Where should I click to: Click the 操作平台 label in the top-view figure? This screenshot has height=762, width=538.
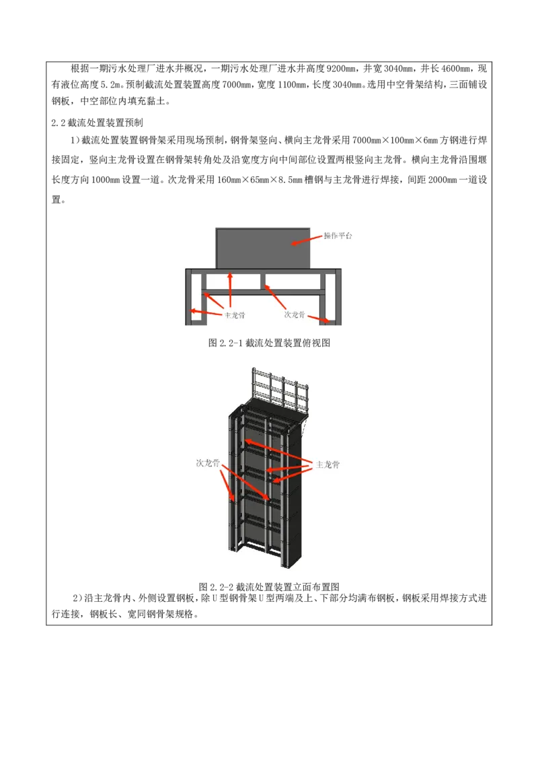(x=338, y=236)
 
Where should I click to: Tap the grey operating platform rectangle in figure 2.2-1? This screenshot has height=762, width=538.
(x=263, y=248)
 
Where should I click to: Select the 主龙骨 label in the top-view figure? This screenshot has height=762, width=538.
(x=235, y=315)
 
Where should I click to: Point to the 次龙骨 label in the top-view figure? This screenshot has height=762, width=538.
(x=295, y=314)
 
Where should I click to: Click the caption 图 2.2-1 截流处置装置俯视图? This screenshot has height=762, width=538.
(x=269, y=343)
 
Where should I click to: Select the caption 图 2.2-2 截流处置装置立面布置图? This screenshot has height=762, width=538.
(x=269, y=586)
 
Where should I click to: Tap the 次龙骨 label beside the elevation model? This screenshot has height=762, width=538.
(x=208, y=463)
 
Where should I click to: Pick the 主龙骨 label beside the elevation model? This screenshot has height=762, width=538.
(x=328, y=464)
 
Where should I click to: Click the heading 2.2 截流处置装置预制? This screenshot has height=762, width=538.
(x=97, y=123)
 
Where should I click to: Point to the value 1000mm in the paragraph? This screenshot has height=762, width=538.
(x=106, y=180)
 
